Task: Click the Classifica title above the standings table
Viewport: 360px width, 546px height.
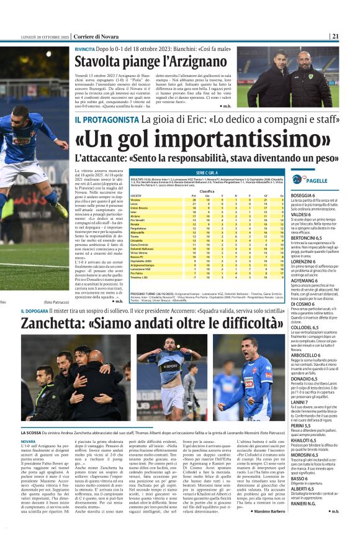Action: click(207, 191)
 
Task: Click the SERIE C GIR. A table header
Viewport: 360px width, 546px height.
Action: click(207, 171)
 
